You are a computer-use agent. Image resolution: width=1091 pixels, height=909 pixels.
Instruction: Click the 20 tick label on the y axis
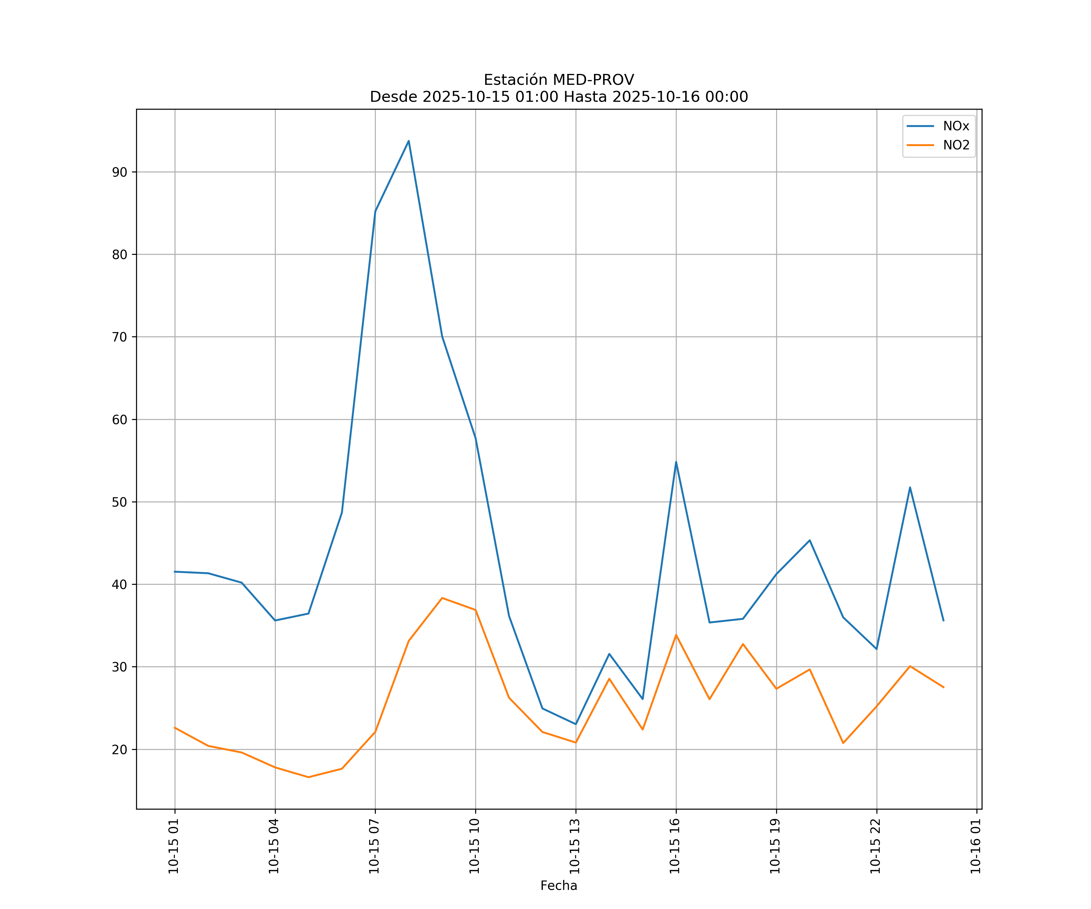click(x=119, y=750)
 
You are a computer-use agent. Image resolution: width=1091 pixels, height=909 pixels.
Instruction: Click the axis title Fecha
click(x=559, y=886)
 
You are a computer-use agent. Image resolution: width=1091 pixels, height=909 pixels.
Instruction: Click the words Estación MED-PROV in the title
click(x=559, y=80)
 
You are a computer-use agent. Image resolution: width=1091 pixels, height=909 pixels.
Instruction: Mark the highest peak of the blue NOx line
click(x=409, y=141)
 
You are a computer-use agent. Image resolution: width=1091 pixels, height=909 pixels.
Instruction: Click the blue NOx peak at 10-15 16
click(x=676, y=462)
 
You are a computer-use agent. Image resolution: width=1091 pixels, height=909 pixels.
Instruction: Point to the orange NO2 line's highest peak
click(x=442, y=598)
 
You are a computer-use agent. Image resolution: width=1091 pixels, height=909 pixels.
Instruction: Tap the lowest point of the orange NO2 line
click(x=308, y=777)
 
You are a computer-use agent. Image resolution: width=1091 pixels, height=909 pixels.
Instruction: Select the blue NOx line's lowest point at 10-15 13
click(x=576, y=724)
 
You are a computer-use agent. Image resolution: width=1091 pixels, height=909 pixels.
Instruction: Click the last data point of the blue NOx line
click(x=943, y=621)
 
